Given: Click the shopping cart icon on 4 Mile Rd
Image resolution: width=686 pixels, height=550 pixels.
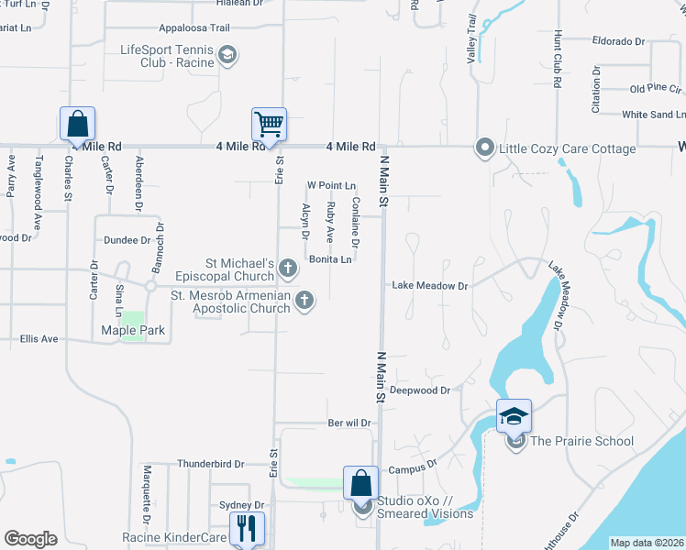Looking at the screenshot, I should (x=269, y=123).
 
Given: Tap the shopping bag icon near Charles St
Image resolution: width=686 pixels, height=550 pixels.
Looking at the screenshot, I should (x=78, y=123).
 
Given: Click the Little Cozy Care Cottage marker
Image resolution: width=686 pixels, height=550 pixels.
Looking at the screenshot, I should (x=484, y=148).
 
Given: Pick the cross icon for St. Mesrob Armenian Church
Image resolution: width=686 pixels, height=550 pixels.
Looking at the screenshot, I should (x=304, y=300).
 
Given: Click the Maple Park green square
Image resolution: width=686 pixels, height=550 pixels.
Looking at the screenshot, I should (x=134, y=324).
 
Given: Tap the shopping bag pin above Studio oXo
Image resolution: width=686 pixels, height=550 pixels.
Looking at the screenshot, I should (x=361, y=483).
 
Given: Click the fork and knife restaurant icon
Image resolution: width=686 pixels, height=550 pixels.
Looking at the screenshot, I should (x=246, y=528).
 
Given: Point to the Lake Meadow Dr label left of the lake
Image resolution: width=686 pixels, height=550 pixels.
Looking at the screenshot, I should (x=430, y=286).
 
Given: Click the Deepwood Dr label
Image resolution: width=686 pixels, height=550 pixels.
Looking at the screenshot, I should (x=420, y=390).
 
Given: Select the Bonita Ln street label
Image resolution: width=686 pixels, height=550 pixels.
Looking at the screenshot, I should (x=330, y=259).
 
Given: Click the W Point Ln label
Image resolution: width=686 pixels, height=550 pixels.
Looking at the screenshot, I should (x=331, y=185).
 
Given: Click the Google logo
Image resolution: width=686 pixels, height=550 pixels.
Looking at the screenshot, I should (x=30, y=539).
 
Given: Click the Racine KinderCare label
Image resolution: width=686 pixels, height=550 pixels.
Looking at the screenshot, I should (x=174, y=537).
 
